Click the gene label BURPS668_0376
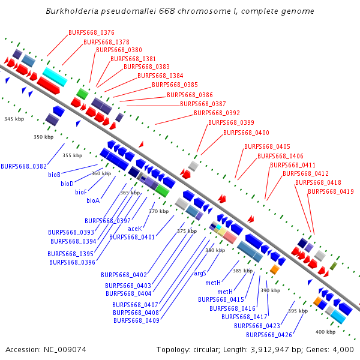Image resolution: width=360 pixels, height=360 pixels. click(91, 32)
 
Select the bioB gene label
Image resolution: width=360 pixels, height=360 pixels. click(54, 175)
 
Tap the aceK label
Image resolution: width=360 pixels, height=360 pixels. click(135, 229)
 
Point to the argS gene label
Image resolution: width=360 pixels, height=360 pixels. click(200, 273)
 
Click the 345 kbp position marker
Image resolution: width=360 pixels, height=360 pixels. click(14, 119)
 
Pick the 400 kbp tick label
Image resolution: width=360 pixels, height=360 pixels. click(325, 332)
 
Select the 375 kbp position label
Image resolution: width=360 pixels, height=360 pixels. click(187, 231)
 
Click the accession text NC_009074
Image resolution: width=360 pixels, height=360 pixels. click(65, 350)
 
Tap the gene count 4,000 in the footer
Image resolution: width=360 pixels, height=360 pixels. click(343, 350)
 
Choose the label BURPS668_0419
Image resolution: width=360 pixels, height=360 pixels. click(331, 191)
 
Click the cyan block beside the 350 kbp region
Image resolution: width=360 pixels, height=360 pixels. click(55, 77)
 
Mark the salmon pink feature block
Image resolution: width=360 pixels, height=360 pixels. click(230, 237)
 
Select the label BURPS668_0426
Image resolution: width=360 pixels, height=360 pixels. click(269, 335)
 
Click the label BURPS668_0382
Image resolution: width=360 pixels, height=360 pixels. click(23, 166)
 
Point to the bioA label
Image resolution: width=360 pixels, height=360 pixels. click(93, 200)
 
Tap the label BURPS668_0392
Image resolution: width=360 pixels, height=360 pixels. click(217, 113)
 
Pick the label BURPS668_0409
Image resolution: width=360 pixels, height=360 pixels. click(136, 320)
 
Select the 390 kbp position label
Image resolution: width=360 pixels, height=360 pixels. click(270, 290)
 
